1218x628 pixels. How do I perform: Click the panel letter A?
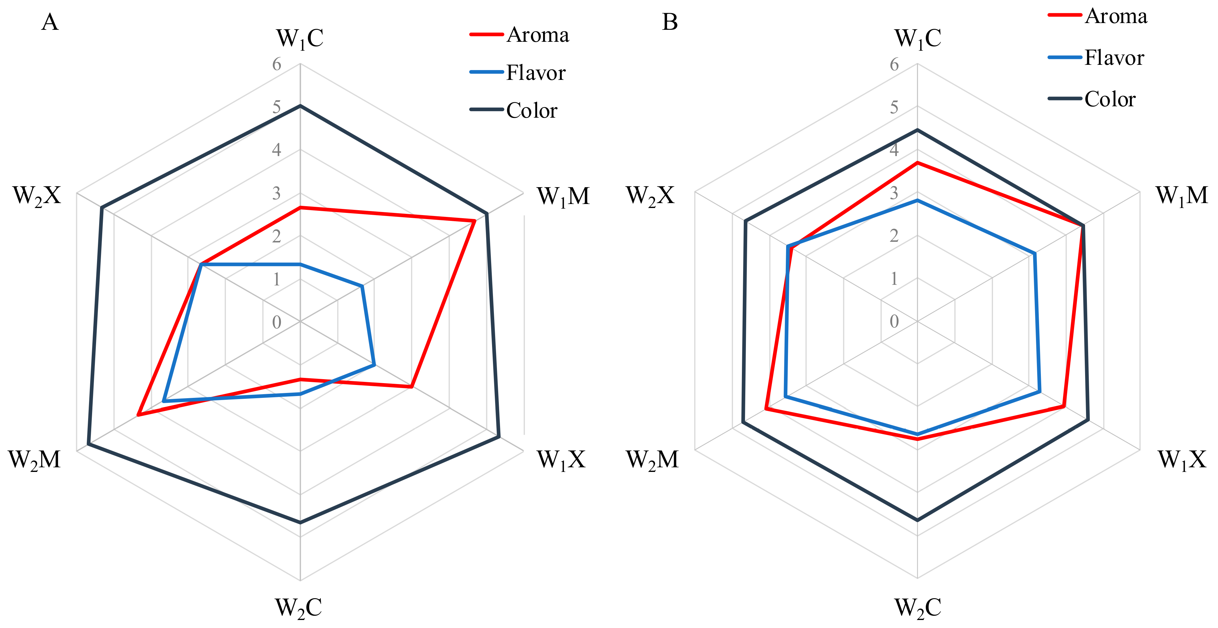click(x=50, y=22)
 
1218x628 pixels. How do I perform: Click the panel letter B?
click(x=669, y=22)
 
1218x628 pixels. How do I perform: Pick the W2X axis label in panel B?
click(x=651, y=195)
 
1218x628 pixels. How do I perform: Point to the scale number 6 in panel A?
click(x=277, y=64)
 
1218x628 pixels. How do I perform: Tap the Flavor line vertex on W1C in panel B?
click(x=917, y=201)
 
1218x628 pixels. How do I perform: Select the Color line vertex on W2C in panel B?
click(x=917, y=520)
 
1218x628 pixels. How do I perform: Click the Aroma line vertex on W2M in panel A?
click(x=138, y=415)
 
